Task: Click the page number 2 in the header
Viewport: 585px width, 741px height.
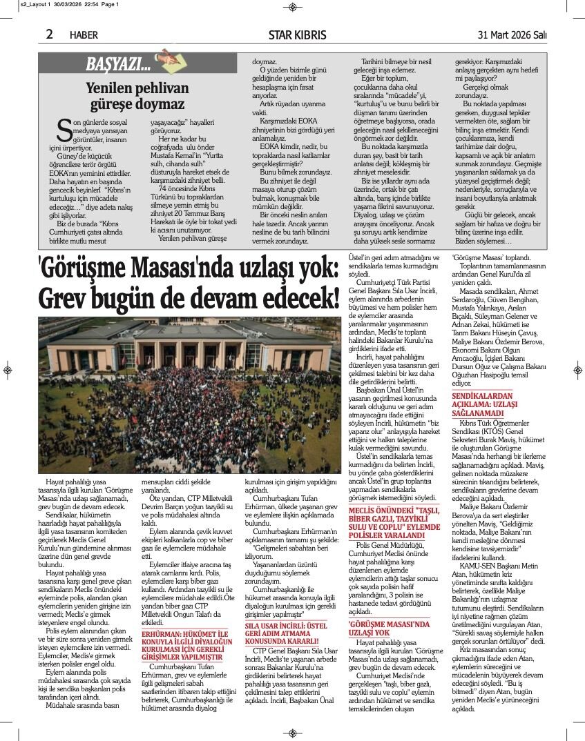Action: pos(50,34)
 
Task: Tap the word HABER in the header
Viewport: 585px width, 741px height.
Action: pos(84,35)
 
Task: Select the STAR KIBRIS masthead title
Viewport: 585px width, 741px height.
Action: pos(297,35)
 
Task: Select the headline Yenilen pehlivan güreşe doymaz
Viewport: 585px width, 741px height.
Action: pos(137,96)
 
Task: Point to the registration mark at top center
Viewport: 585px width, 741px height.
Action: pos(292,7)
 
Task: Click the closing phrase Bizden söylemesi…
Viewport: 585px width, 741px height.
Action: pos(483,241)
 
